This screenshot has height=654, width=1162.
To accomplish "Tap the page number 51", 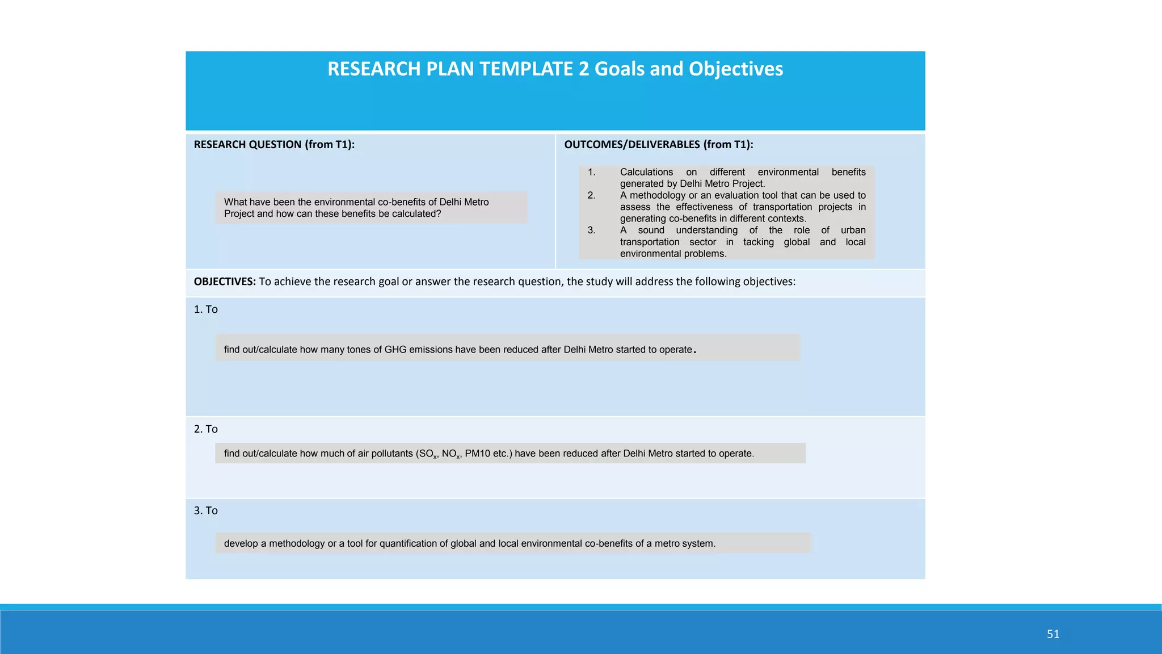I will [1053, 634].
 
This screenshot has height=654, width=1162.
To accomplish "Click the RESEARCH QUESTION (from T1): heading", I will [274, 144].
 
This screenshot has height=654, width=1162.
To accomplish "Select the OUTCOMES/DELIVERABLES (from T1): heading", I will [658, 144].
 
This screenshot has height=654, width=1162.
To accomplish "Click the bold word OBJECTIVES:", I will [225, 282].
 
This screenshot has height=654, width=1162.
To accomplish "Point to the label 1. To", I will [205, 309].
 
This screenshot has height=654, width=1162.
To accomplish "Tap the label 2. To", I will [205, 429].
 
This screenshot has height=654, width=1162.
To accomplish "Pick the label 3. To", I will [205, 511].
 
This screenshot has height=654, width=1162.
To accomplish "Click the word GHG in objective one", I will [395, 350].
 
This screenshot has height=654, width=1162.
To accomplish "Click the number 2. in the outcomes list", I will [591, 195].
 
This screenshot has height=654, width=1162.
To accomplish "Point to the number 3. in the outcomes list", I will [591, 230].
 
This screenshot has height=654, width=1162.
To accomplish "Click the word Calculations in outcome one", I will [646, 172].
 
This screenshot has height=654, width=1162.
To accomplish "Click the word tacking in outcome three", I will [758, 242].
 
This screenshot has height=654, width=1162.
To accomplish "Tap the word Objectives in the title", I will [735, 69].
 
